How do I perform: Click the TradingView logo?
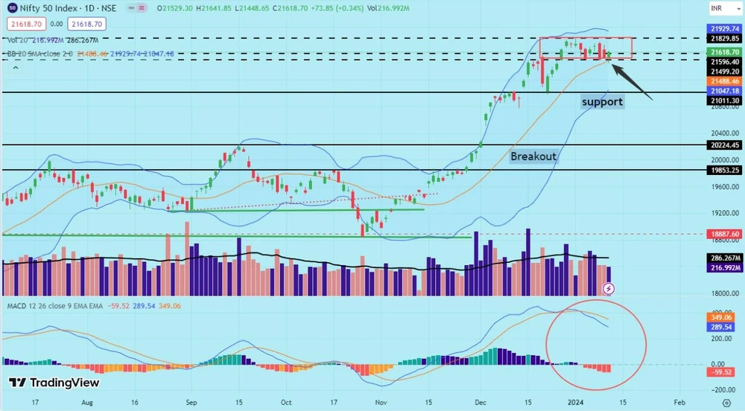point(54,383)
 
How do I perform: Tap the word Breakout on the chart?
point(533,156)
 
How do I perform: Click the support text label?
point(602,101)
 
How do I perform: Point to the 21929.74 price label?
point(725,27)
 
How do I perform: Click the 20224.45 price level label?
point(725,146)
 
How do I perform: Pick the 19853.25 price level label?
point(725,170)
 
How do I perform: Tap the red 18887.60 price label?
point(725,234)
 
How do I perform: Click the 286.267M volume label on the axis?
point(725,258)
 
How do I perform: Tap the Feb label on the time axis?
point(679,401)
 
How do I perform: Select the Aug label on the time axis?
point(87,401)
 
